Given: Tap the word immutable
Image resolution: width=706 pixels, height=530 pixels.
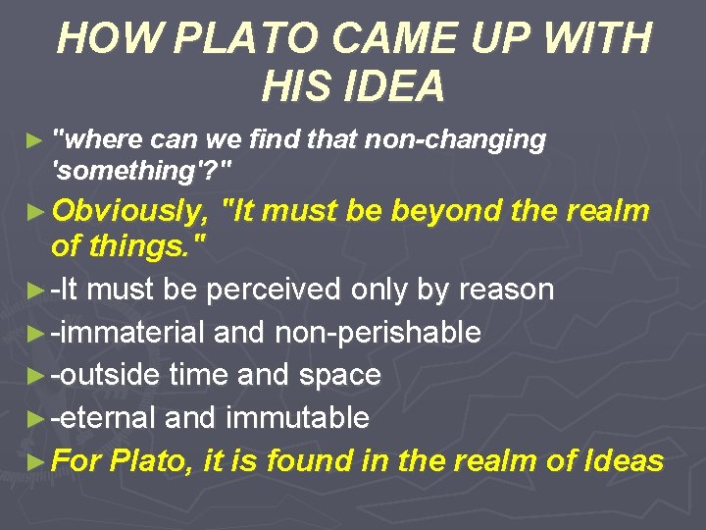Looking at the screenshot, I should [x=297, y=418].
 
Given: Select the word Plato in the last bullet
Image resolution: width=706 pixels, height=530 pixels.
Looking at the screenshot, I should [x=152, y=460].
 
